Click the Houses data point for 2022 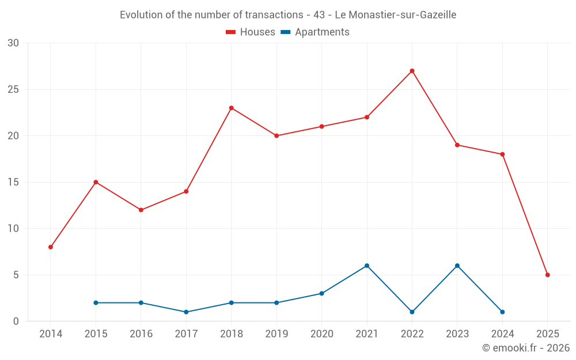(x=412, y=71)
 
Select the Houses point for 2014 (x=51, y=247)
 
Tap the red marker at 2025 (x=547, y=275)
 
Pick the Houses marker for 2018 (x=232, y=108)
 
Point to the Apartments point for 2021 (x=367, y=266)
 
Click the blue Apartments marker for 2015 (x=96, y=302)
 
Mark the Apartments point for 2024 (x=502, y=312)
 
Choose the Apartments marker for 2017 (x=186, y=312)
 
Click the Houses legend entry (x=251, y=32)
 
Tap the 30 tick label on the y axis (x=13, y=43)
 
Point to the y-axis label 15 (x=13, y=182)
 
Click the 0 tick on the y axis (x=16, y=321)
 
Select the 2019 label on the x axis (x=276, y=334)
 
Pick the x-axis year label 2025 (x=547, y=334)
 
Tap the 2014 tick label (x=51, y=334)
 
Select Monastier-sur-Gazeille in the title (x=401, y=15)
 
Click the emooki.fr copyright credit (x=525, y=348)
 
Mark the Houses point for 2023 (x=457, y=145)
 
